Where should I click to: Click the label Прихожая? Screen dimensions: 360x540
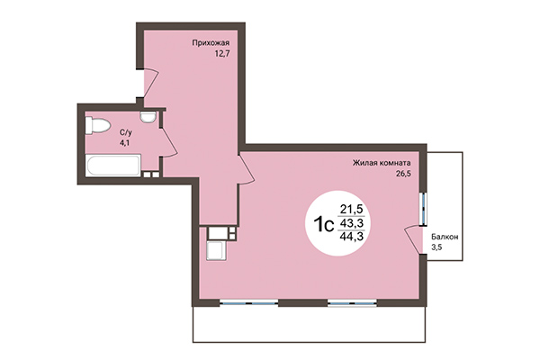click(x=209, y=41)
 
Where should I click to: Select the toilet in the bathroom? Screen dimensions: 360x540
click(x=95, y=127)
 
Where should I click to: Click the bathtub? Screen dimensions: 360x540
click(x=111, y=166)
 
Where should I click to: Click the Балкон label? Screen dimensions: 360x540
click(x=444, y=236)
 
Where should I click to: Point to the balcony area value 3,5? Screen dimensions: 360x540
click(x=436, y=247)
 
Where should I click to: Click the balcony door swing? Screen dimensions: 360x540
click(x=416, y=238)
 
